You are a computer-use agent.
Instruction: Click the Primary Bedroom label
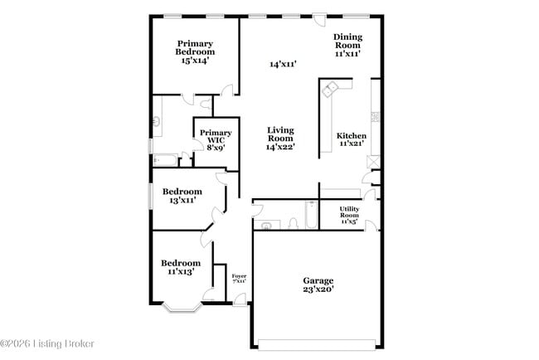tap(195, 51)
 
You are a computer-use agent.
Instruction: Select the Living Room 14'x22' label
tap(281, 138)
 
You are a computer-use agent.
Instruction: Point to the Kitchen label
tap(351, 139)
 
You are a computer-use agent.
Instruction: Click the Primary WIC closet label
tap(215, 139)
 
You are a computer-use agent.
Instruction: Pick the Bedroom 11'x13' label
tap(180, 267)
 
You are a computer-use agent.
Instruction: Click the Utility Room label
tap(349, 215)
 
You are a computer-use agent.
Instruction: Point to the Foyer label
tap(239, 279)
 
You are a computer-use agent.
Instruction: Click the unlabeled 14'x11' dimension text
tap(283, 64)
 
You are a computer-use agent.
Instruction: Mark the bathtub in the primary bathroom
tap(163, 160)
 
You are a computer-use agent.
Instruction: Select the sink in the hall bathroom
tap(266, 225)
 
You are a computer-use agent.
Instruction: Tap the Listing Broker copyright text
tap(47, 343)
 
